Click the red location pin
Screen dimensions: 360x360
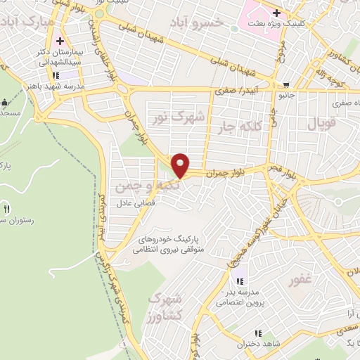pos(181,165)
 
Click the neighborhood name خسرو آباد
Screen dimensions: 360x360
pos(198,23)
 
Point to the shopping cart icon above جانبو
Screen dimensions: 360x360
pos(284,82)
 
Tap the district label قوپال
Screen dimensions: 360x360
pos(324,125)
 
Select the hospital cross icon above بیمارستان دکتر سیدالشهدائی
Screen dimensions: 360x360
pos(61,41)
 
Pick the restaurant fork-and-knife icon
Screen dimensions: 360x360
pos(7,208)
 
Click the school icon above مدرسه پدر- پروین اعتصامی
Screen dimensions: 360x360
pos(240,281)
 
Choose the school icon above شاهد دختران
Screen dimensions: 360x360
pos(258,333)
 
